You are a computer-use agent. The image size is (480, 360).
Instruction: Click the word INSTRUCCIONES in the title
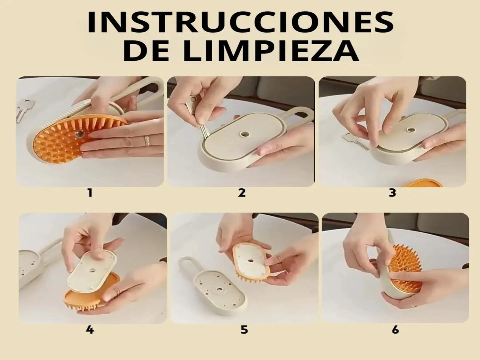[x=240, y=23]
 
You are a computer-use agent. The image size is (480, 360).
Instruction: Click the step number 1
[x=90, y=193]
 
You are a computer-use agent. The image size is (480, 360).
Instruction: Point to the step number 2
[x=241, y=193]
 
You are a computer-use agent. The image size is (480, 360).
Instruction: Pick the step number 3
[x=392, y=193]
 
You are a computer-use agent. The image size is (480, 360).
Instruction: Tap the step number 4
[x=90, y=330]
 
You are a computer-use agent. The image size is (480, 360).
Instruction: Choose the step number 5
[x=244, y=330]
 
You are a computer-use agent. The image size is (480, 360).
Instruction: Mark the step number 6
[x=395, y=330]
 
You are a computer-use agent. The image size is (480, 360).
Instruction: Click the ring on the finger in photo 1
[x=147, y=140]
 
